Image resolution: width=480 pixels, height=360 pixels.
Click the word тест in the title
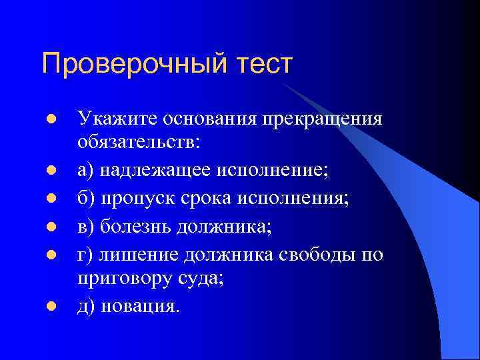tap(262, 64)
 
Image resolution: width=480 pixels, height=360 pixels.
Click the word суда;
tap(201, 280)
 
